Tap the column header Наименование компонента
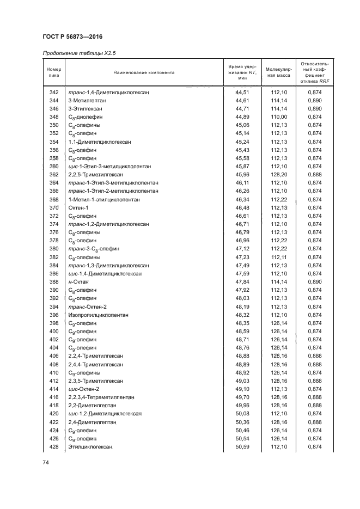144,72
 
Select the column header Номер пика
53,72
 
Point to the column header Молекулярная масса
278,72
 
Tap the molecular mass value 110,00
278,117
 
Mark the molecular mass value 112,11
278,257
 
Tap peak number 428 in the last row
53,447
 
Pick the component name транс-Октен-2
87,306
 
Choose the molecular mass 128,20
278,174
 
